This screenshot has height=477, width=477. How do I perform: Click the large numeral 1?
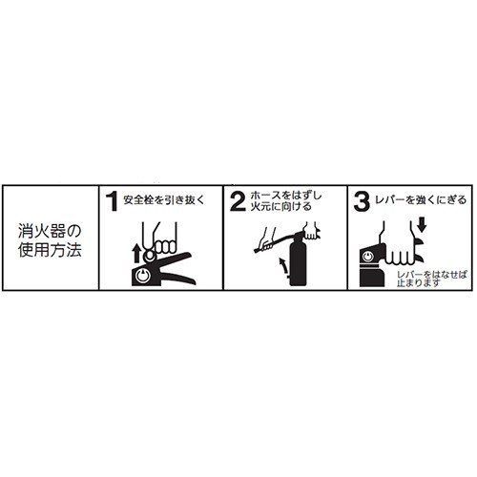112,201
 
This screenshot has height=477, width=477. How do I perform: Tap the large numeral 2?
238,201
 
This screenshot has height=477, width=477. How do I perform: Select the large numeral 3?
362,201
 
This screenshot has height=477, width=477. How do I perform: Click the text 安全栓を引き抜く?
163,200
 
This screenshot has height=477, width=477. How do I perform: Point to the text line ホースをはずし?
286,196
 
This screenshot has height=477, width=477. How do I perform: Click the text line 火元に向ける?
281,207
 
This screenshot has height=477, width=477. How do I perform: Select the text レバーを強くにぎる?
421,200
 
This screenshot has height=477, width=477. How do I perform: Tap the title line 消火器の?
50,231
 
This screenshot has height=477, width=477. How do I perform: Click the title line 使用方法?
50,250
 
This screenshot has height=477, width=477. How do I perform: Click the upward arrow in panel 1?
136,253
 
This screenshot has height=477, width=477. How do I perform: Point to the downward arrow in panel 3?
422,227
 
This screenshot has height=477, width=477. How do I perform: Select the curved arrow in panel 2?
283,265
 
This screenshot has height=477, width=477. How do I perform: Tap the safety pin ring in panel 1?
150,256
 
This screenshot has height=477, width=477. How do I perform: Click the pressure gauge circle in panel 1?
142,276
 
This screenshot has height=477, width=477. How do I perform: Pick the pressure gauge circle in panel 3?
369,257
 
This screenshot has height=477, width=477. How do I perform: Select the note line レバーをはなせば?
431,275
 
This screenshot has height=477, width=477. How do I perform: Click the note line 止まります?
419,282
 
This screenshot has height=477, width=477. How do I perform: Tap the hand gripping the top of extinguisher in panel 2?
311,230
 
